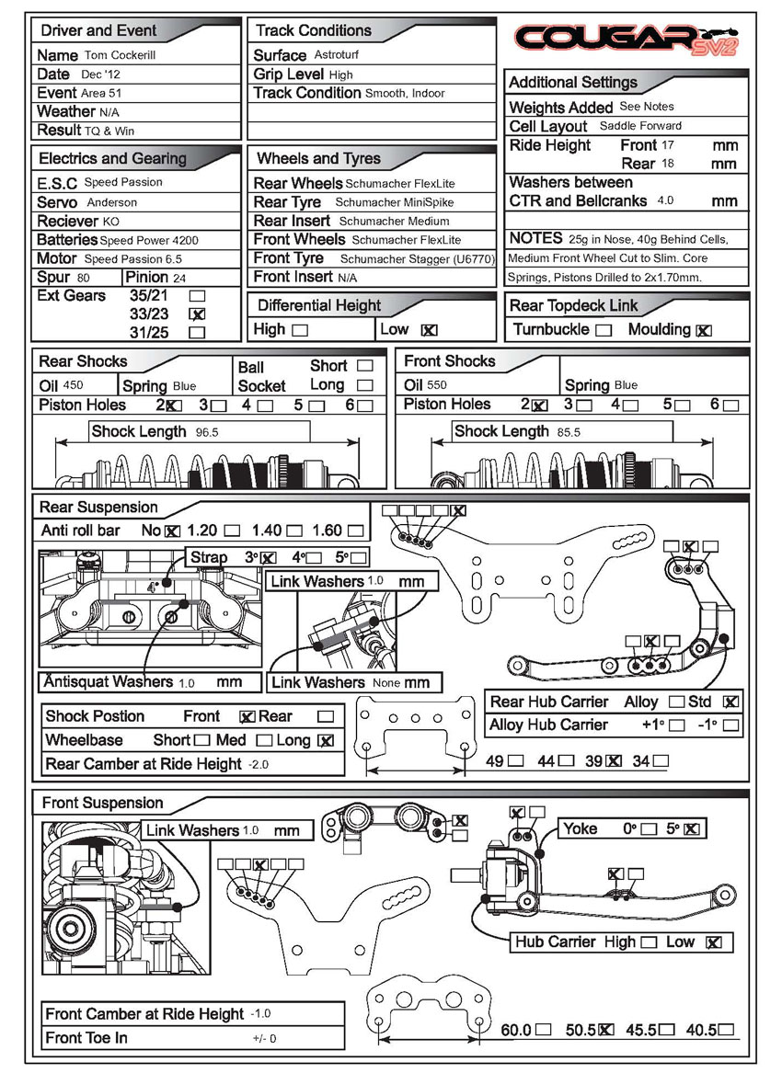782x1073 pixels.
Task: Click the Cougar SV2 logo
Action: point(625,39)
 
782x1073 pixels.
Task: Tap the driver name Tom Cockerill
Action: point(121,56)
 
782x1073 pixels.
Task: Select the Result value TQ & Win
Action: point(109,131)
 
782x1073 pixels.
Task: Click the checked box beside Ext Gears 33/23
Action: point(196,314)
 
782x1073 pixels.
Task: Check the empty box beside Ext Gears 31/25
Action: point(196,333)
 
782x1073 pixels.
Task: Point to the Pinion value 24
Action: point(179,278)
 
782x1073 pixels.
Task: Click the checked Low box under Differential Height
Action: point(429,330)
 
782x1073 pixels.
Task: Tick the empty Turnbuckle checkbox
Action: point(604,330)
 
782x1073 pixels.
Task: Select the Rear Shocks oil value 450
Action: point(74,386)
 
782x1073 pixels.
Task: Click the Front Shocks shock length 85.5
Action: point(569,431)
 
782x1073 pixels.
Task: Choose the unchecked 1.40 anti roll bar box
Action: point(293,531)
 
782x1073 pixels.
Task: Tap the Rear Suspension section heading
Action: point(98,508)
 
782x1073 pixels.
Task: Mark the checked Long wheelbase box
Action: point(325,741)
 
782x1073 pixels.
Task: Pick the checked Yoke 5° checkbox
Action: point(692,829)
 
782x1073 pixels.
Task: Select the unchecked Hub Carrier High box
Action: point(649,942)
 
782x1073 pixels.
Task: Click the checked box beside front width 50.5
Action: point(605,1031)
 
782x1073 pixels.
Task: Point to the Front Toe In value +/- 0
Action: point(264,1039)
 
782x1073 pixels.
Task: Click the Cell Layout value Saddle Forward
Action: point(640,126)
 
